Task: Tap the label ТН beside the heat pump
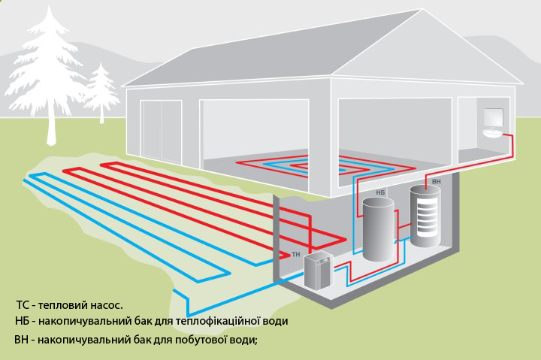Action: coord(296,255)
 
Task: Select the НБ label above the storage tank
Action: coord(380,192)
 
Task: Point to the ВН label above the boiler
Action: coord(436,181)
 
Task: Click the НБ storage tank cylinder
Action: coord(378,229)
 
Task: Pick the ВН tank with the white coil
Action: coord(425,216)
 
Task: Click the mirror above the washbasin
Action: coord(494,117)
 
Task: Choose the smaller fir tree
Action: coord(101,92)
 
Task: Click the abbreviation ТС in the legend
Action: coord(23,305)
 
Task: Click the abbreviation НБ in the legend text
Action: coord(22,321)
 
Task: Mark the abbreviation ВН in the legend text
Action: coord(21,340)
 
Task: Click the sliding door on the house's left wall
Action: coord(161,131)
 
